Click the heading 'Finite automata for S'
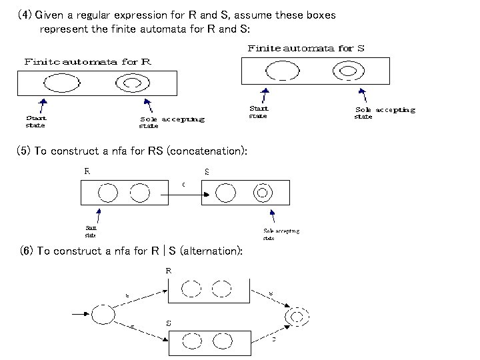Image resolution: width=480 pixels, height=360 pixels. [306, 48]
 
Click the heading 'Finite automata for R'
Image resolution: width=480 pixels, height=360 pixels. [88, 61]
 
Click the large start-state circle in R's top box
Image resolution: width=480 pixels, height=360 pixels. [61, 82]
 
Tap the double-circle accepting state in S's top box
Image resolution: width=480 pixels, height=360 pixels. [348, 71]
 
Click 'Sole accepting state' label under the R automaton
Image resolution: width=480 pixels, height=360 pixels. [171, 122]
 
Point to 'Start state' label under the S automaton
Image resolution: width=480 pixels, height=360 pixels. [259, 111]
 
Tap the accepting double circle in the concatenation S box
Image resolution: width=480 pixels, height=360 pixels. [263, 193]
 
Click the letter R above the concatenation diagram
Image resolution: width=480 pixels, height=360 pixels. [87, 171]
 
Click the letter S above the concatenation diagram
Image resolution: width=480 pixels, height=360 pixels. [207, 171]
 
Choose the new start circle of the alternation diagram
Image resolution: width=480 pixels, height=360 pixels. [103, 314]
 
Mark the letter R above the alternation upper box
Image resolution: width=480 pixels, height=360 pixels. [169, 271]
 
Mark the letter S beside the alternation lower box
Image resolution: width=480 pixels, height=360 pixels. [169, 323]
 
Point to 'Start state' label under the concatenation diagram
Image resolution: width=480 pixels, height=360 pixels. [91, 231]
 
